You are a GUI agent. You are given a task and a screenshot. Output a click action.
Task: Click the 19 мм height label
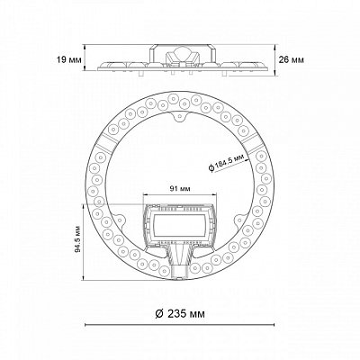[x=69, y=60]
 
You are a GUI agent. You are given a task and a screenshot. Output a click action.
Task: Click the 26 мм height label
[x=292, y=59]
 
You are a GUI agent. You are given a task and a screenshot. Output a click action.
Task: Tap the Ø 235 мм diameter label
[x=180, y=314]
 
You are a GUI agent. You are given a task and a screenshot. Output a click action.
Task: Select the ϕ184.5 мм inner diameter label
[x=228, y=164]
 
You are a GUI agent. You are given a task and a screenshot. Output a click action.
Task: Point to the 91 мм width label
[x=180, y=188]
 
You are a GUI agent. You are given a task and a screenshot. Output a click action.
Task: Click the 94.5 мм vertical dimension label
[x=78, y=238]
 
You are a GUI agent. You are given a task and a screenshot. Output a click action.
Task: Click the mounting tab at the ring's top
[x=179, y=116]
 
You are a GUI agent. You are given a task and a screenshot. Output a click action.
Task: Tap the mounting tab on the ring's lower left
[x=119, y=221]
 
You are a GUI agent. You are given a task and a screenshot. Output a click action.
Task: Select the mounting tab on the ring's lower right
[x=240, y=220]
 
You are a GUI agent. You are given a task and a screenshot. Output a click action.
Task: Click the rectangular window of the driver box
[x=180, y=226]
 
